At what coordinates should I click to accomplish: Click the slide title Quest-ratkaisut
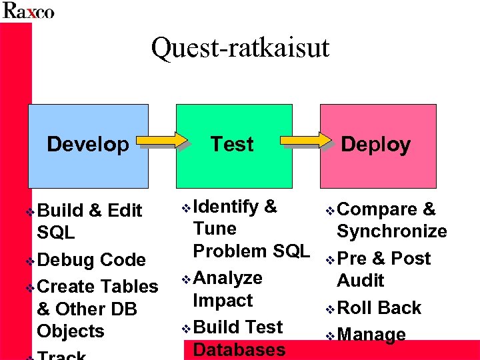click(x=240, y=49)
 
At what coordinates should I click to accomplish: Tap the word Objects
click(x=71, y=331)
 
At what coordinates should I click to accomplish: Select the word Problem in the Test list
click(x=225, y=251)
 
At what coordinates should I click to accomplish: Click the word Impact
click(x=223, y=301)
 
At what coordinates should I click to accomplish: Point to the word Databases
click(x=239, y=350)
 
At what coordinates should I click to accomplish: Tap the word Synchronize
click(x=392, y=232)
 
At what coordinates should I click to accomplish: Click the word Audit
click(x=361, y=281)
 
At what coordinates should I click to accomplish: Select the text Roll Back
click(x=379, y=308)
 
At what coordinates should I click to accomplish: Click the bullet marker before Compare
click(x=330, y=211)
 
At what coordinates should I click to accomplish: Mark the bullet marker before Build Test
click(x=186, y=329)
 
